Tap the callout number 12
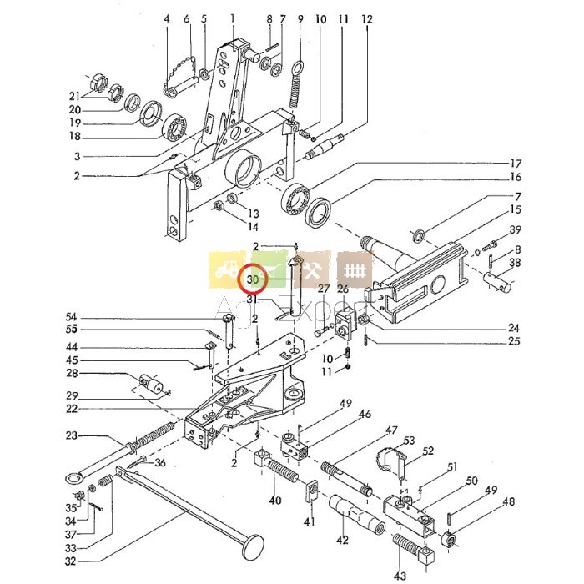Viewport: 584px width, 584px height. tap(367, 18)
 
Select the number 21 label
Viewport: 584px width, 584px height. tap(74, 94)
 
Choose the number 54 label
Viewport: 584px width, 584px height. tap(71, 317)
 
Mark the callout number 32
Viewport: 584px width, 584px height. tap(69, 561)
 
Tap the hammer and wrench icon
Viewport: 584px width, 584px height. tap(313, 270)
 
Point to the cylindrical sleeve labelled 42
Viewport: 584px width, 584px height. tap(357, 514)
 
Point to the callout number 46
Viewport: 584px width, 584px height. tap(365, 414)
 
